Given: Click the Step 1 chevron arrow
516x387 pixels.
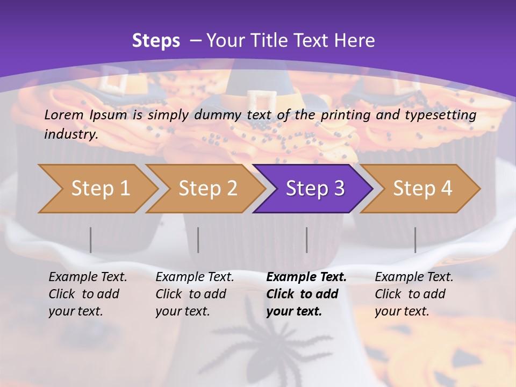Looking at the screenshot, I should pyautogui.click(x=100, y=189).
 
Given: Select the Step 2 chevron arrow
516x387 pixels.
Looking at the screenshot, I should pyautogui.click(x=207, y=189).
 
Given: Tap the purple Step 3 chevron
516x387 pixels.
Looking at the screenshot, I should pyautogui.click(x=315, y=189).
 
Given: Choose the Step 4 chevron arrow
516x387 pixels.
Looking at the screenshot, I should pyautogui.click(x=422, y=189).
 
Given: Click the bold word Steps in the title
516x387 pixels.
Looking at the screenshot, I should pyautogui.click(x=156, y=40).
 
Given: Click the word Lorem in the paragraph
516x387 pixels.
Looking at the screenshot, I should pyautogui.click(x=63, y=114).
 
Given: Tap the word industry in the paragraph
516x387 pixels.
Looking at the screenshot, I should pyautogui.click(x=70, y=134).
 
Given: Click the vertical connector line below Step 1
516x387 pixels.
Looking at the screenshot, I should pyautogui.click(x=91, y=240).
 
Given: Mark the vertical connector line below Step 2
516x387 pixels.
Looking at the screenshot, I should pyautogui.click(x=198, y=240).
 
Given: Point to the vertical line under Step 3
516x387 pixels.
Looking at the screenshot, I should pyautogui.click(x=306, y=240).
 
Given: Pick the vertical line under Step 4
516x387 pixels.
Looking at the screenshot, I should pyautogui.click(x=415, y=240).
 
